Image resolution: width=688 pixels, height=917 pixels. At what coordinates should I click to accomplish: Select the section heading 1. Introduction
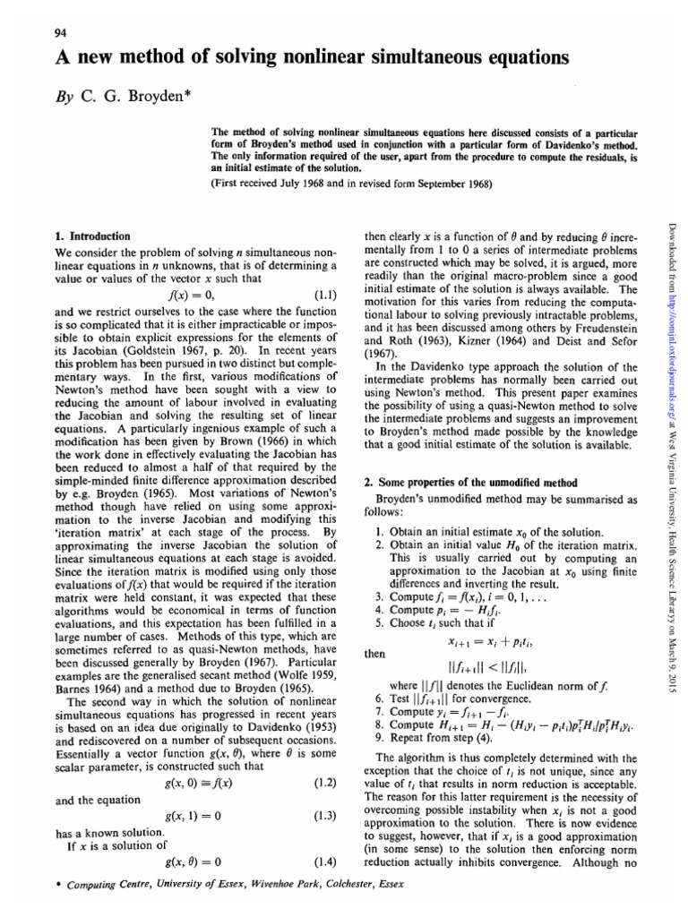pos(93,236)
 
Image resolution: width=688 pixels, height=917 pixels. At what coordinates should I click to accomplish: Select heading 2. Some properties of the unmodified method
pos(475,482)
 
